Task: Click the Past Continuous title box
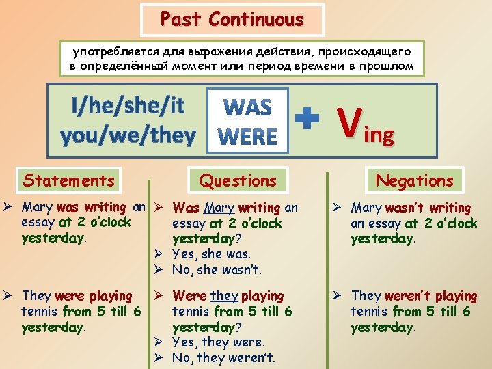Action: (x=232, y=20)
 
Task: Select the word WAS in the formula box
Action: (x=247, y=107)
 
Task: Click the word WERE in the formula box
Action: (x=247, y=137)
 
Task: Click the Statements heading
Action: (x=69, y=180)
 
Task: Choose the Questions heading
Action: (x=238, y=181)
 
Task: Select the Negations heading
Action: (x=415, y=181)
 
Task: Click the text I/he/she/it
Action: (x=128, y=106)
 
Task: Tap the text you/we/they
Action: (x=128, y=136)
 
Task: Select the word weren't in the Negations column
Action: (x=409, y=296)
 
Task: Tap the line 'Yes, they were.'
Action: (x=219, y=342)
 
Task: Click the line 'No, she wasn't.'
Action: (x=217, y=269)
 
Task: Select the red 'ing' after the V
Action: (x=380, y=135)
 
